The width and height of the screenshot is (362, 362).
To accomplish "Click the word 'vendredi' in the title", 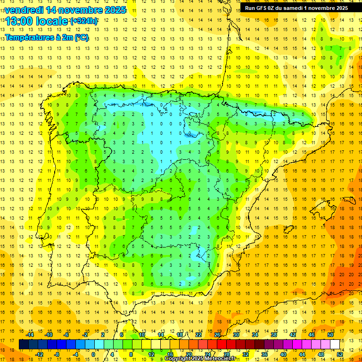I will pyautogui.click(x=24, y=10).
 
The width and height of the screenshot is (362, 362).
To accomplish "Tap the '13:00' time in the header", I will pyautogui.click(x=17, y=21).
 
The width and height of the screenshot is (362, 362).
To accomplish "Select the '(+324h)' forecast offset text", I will pyautogui.click(x=84, y=21).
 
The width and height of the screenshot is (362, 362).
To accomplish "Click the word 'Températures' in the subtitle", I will pyautogui.click(x=29, y=38).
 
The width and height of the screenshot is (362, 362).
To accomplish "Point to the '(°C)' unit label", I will pyautogui.click(x=82, y=38).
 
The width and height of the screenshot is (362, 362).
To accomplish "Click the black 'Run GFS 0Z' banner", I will pyautogui.click(x=296, y=8).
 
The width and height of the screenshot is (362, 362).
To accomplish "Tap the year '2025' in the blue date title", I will pyautogui.click(x=115, y=10).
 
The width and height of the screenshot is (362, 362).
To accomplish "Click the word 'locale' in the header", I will pyautogui.click(x=50, y=21).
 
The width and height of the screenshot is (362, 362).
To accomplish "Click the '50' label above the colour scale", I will pyautogui.click(x=330, y=335).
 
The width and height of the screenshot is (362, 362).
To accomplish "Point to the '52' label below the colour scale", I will pyautogui.click(x=340, y=354).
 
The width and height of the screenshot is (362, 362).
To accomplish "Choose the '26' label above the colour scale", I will pyautogui.click(x=217, y=335).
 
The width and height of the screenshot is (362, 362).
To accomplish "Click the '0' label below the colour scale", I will pyautogui.click(x=93, y=354).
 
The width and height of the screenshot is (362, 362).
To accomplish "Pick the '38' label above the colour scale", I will pyautogui.click(x=274, y=335).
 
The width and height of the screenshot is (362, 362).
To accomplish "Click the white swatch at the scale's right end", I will pyautogui.click(x=335, y=344).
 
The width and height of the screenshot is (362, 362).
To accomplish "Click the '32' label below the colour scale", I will pyautogui.click(x=246, y=354).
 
